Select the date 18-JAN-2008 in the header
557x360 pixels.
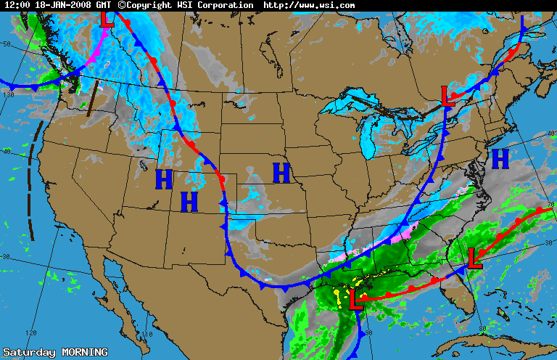[x=62, y=5]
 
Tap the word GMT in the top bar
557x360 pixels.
[x=104, y=5]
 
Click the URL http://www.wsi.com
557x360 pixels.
[x=309, y=5]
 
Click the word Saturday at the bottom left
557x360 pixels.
[x=28, y=353]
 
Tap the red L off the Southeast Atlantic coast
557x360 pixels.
[x=475, y=258]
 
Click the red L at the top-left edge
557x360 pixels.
[x=107, y=16]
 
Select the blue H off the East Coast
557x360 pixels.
[x=500, y=157]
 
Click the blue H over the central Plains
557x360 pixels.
[x=281, y=173]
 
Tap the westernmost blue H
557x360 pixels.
[x=164, y=179]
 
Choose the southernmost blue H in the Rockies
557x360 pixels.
[x=189, y=201]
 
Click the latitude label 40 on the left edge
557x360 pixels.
[x=6, y=152]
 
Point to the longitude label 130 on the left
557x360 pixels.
[x=9, y=94]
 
